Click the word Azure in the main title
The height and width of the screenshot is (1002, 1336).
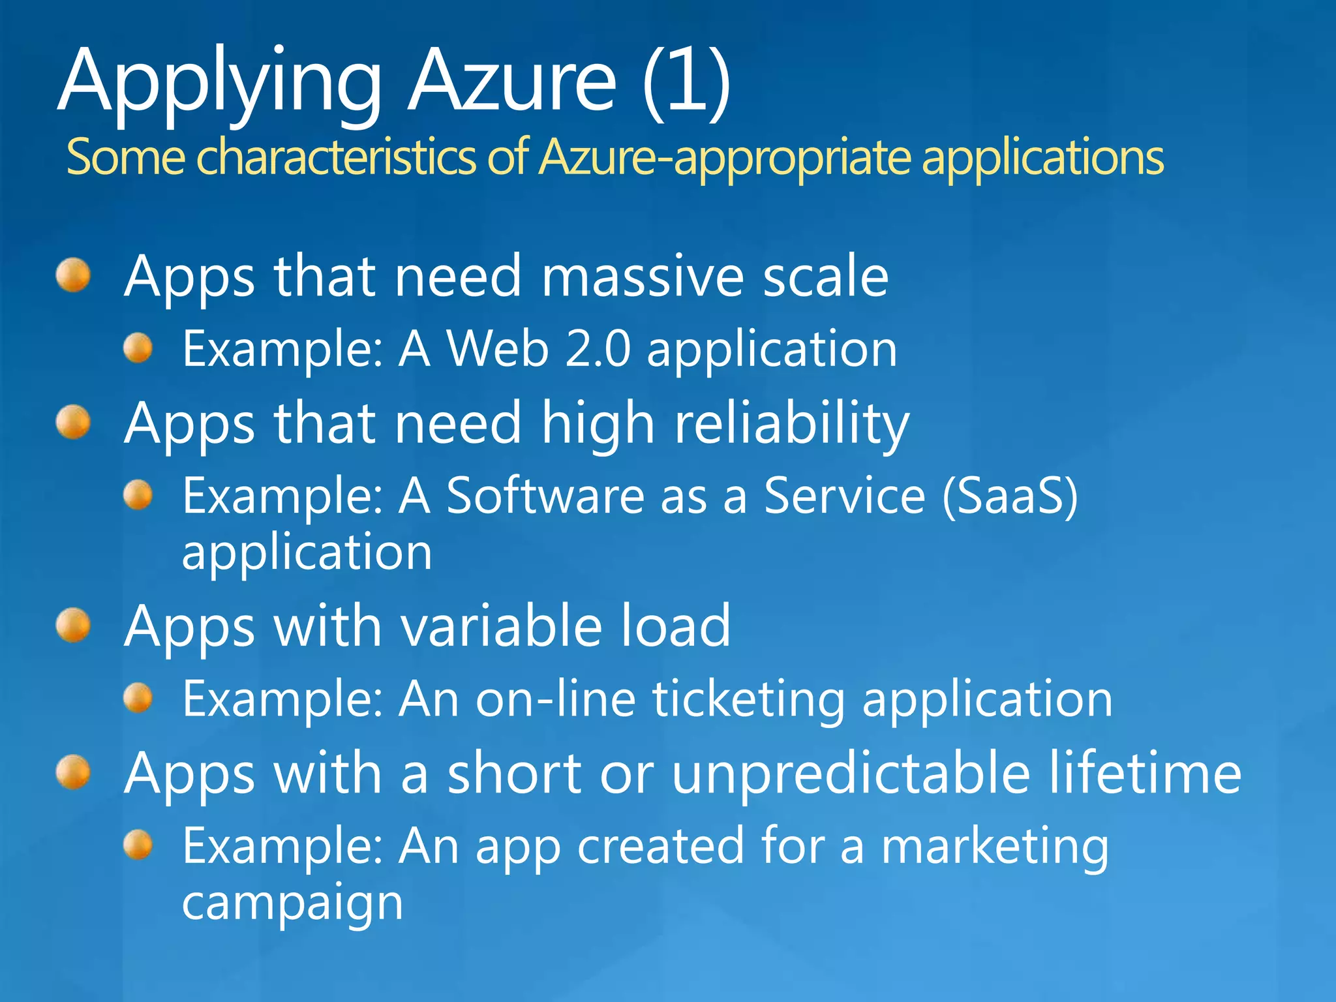(512, 82)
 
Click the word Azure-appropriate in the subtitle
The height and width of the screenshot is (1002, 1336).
(724, 157)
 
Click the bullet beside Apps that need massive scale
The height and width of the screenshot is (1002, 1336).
(73, 275)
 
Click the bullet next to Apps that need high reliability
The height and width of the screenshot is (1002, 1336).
(73, 422)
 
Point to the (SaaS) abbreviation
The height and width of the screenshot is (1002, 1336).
(1010, 496)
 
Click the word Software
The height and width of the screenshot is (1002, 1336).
(545, 496)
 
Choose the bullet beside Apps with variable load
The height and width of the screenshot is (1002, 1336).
(73, 626)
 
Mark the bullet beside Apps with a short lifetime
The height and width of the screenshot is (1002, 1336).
(73, 772)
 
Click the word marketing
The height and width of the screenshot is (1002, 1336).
(995, 847)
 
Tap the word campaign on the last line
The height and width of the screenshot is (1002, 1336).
(292, 903)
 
